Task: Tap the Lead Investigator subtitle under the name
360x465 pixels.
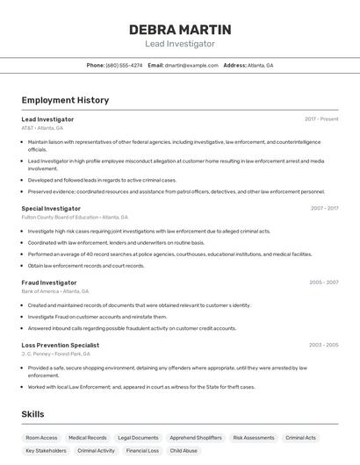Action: click(x=179, y=44)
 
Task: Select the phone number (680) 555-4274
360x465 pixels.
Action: click(x=124, y=65)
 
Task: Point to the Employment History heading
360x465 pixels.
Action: click(x=65, y=100)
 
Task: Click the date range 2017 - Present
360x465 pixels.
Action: click(x=321, y=118)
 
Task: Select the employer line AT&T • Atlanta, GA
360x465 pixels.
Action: click(x=42, y=128)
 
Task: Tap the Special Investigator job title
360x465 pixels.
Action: click(x=51, y=208)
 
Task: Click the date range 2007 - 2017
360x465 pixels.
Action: click(x=324, y=208)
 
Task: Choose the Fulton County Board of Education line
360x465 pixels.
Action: click(x=75, y=217)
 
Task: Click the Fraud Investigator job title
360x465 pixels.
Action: click(x=49, y=283)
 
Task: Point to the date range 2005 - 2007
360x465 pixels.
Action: click(x=323, y=283)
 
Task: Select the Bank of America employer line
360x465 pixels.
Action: click(x=55, y=291)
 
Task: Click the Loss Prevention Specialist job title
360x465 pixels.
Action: click(x=61, y=345)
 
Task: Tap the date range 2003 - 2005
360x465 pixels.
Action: click(x=323, y=345)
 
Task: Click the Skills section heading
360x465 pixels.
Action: click(x=33, y=413)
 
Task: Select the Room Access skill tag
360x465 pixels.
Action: click(x=41, y=437)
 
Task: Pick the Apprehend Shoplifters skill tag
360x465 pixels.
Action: click(x=195, y=437)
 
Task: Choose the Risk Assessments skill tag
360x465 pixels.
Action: click(x=254, y=437)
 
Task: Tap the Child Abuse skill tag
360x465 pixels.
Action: click(x=184, y=450)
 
